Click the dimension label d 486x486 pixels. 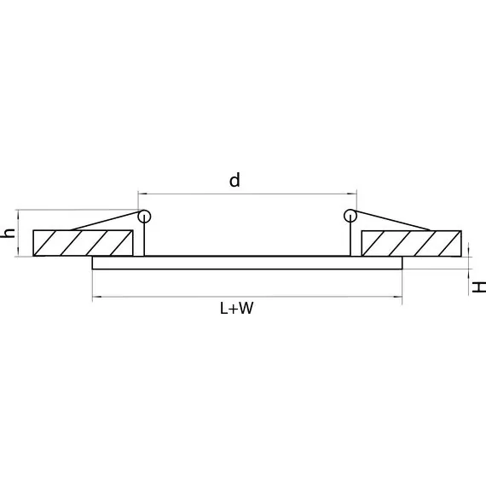click(234, 180)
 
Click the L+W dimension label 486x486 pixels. click(236, 310)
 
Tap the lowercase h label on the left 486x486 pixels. click(9, 232)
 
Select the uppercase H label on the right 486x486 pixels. click(479, 286)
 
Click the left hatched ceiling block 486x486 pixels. click(83, 243)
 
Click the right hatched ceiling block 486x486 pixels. click(411, 243)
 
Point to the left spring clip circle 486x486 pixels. click(144, 215)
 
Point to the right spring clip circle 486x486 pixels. click(349, 215)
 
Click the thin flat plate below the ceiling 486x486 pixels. click(246, 263)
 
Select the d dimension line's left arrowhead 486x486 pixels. click(141, 193)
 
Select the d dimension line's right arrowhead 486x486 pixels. click(352, 193)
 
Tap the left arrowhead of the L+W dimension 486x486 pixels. click(95, 297)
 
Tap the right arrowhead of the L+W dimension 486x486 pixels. click(398, 297)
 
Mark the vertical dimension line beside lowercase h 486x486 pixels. click(18, 233)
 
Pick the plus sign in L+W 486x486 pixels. click(234, 310)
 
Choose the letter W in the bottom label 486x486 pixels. click(246, 310)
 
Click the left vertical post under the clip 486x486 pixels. click(146, 239)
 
